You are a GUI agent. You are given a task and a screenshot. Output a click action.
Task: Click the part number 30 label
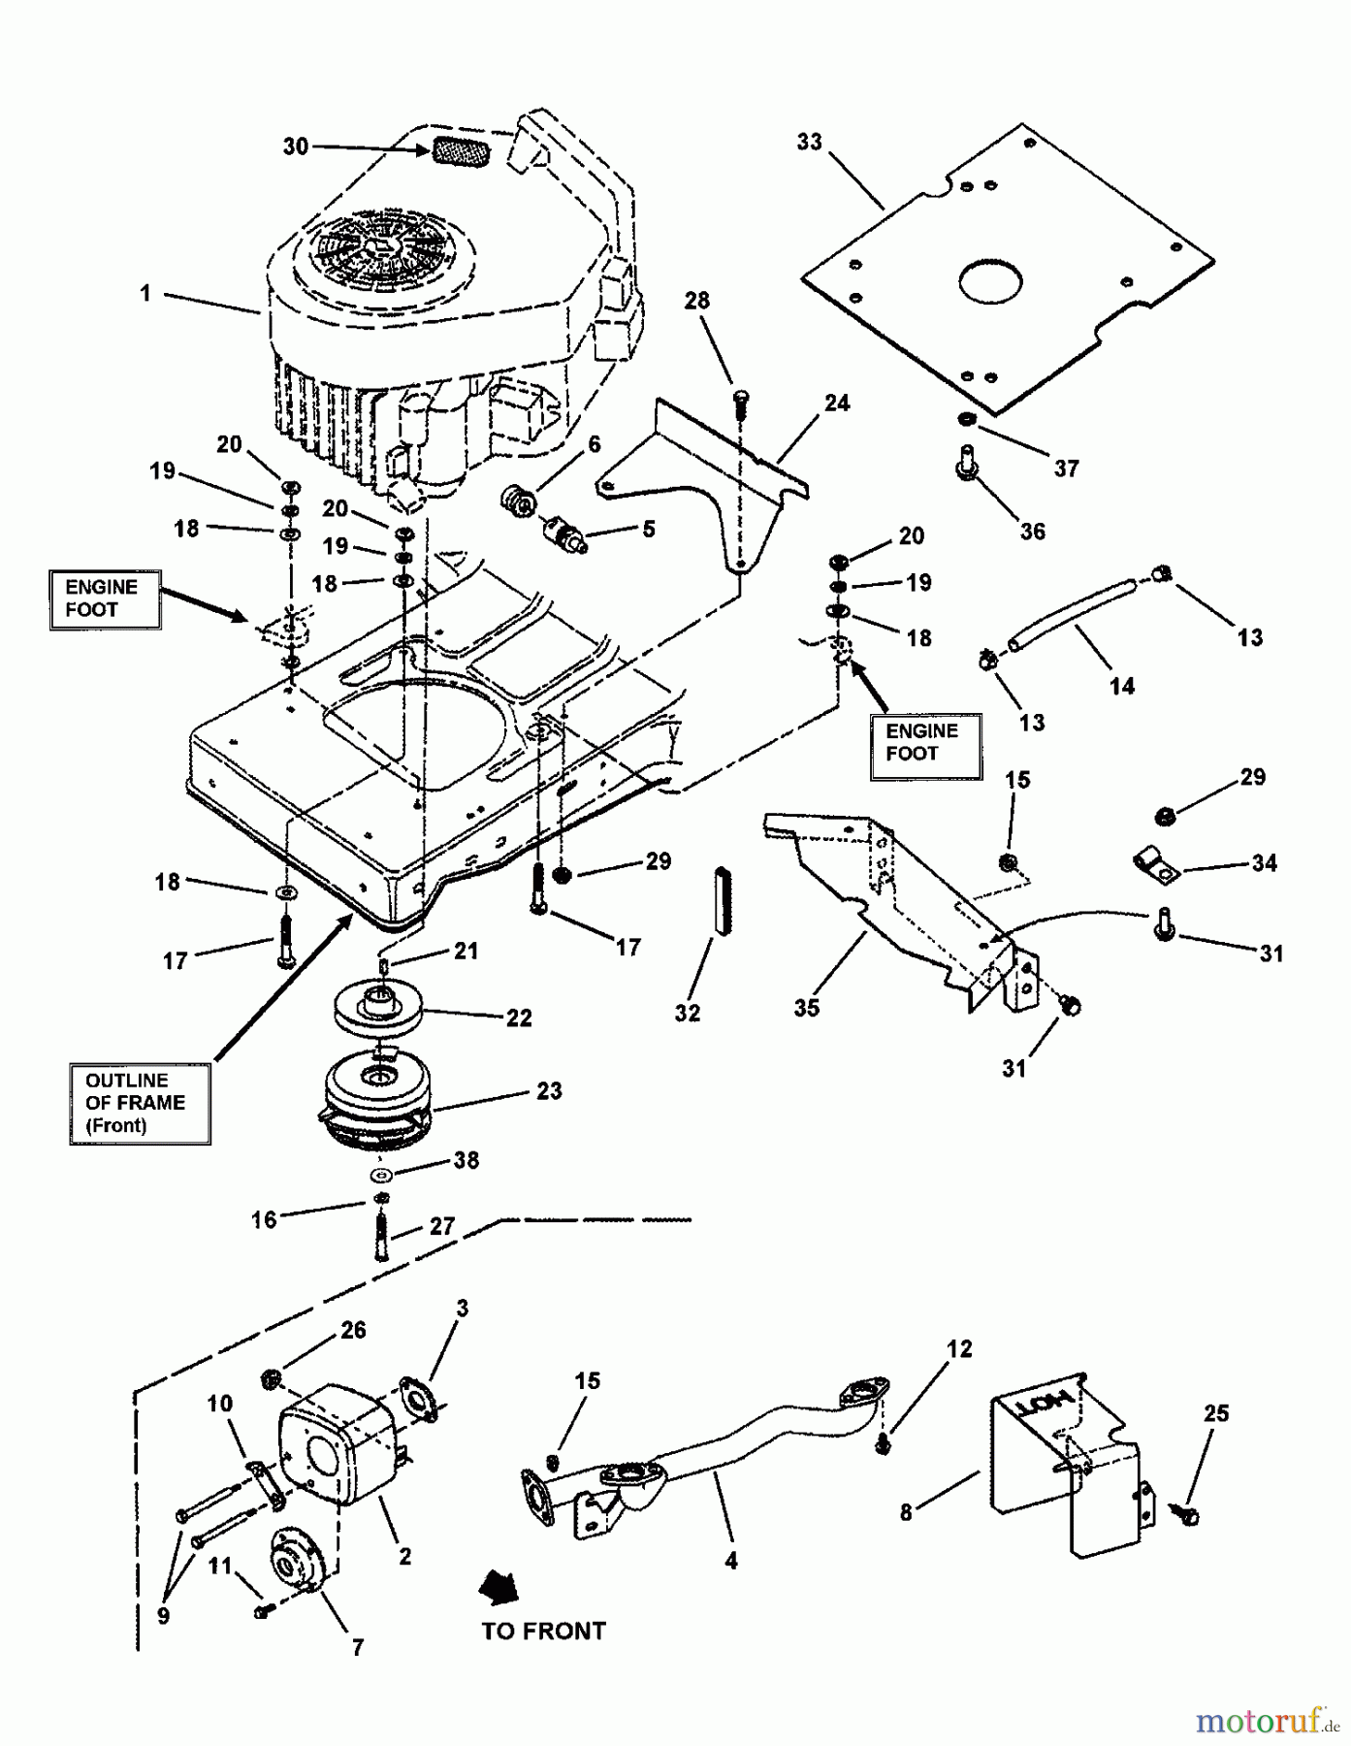(295, 146)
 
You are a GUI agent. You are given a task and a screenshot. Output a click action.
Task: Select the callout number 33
(809, 142)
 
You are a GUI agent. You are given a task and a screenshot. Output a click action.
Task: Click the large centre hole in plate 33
(990, 281)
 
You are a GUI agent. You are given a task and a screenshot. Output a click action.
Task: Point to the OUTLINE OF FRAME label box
(141, 1104)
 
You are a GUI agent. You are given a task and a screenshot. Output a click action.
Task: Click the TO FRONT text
(543, 1632)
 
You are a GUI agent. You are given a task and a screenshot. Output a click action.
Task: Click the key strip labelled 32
(722, 899)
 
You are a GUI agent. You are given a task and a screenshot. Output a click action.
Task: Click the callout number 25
(1216, 1413)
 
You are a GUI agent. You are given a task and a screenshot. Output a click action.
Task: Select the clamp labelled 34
(1155, 864)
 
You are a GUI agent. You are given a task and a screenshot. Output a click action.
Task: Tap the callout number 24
(836, 403)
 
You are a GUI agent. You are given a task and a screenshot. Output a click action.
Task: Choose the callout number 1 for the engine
(145, 292)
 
